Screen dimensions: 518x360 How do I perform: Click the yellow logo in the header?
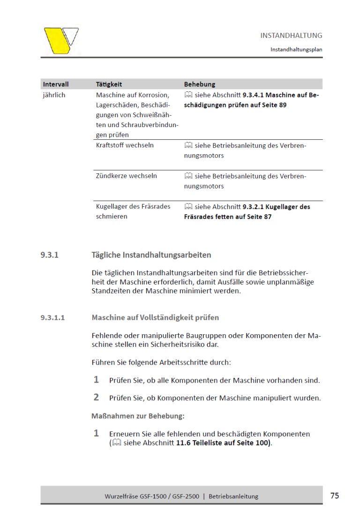click(x=60, y=40)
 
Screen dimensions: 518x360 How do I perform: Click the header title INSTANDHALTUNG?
click(x=291, y=36)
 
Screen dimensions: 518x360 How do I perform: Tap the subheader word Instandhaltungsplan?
click(x=296, y=49)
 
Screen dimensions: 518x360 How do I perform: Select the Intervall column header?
click(x=56, y=84)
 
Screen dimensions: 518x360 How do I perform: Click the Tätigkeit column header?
click(x=109, y=84)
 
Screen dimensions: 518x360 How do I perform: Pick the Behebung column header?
click(x=200, y=84)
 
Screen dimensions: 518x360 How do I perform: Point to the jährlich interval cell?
click(x=54, y=95)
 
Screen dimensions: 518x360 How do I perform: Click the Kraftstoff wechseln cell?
click(x=125, y=145)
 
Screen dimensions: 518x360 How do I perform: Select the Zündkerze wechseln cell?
click(x=127, y=176)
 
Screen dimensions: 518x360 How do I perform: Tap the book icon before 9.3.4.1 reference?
click(x=188, y=95)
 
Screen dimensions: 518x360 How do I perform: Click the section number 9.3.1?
click(x=49, y=255)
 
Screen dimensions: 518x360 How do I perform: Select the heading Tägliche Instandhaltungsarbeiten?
click(x=151, y=255)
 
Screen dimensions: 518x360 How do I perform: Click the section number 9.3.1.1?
click(x=52, y=318)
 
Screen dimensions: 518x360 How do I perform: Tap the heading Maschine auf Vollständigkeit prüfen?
click(x=155, y=318)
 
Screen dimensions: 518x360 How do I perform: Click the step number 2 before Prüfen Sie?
click(x=96, y=398)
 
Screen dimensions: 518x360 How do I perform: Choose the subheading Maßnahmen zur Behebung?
click(x=138, y=416)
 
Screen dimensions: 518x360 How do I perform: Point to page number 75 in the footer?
click(x=335, y=495)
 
